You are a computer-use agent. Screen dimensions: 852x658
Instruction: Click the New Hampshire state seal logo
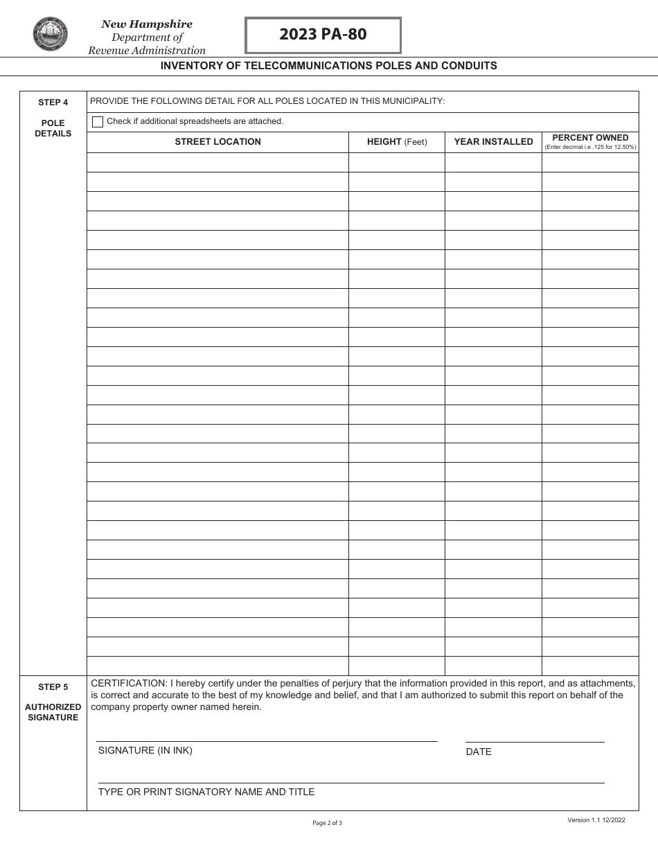51,35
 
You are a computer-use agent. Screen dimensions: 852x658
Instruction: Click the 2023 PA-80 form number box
323,35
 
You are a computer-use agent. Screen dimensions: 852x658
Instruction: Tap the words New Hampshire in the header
147,24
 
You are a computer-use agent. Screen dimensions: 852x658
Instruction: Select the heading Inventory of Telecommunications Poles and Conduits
329,66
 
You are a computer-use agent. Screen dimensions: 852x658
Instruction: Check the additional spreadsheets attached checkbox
98,122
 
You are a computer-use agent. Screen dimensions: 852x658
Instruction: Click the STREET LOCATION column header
217,142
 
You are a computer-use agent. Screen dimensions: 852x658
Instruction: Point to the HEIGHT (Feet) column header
397,142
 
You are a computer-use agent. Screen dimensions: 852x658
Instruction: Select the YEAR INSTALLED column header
493,142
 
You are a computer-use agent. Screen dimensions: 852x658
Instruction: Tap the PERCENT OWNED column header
590,138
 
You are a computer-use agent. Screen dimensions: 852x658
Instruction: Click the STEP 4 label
53,103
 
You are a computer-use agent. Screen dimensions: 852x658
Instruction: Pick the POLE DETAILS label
53,128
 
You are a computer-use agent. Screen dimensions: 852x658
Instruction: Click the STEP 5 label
53,687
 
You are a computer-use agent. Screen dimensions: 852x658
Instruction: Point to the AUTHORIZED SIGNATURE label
53,712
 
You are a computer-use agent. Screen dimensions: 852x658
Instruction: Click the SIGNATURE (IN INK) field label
145,750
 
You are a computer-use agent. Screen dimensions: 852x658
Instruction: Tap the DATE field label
479,752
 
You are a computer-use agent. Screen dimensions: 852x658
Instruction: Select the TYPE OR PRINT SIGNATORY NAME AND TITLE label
206,792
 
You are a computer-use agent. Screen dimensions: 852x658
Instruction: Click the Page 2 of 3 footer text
328,823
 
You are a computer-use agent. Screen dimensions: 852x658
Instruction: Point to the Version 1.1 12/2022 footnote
596,820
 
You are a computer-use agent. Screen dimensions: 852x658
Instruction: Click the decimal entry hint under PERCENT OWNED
590,147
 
